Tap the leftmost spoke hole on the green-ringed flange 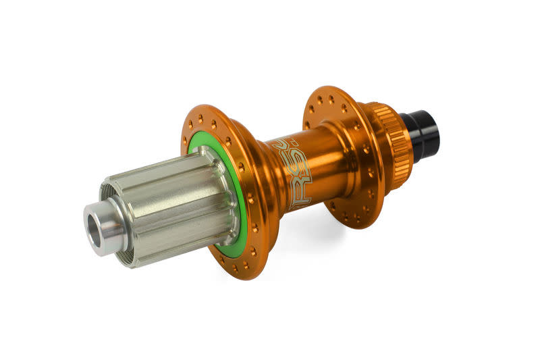click(186, 142)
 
